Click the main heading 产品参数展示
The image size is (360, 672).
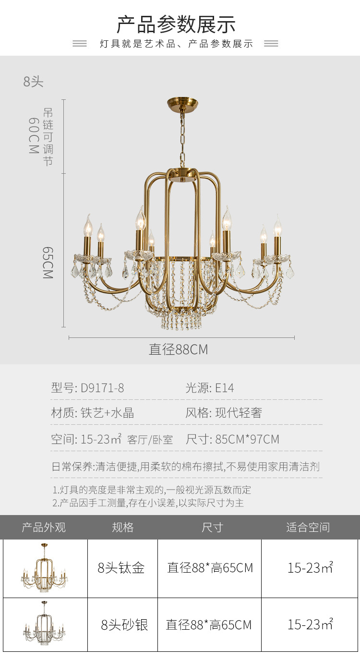(x=176, y=24)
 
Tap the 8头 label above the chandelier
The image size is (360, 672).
(x=34, y=82)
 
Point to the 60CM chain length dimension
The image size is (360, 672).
(x=33, y=136)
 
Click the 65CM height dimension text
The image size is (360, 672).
(x=48, y=263)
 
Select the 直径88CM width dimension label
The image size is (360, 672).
(x=179, y=349)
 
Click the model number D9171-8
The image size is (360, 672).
(x=102, y=388)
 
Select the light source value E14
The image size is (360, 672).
(x=224, y=388)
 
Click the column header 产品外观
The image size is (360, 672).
(x=44, y=528)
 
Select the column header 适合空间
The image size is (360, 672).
(x=308, y=528)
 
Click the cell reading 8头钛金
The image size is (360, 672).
(x=121, y=568)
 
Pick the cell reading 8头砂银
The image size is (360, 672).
(x=124, y=625)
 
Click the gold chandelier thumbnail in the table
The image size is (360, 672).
(x=44, y=568)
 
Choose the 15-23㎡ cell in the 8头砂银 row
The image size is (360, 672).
(x=310, y=625)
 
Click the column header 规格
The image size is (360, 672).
(x=123, y=528)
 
